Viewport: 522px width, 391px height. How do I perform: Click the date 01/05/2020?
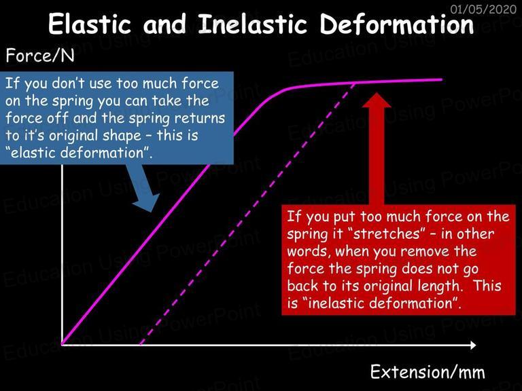pyautogui.click(x=483, y=9)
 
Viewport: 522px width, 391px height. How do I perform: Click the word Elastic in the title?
pyautogui.click(x=90, y=24)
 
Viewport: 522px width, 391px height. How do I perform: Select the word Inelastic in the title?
pyautogui.click(x=252, y=24)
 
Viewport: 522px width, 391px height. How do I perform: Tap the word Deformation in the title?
pyautogui.click(x=397, y=24)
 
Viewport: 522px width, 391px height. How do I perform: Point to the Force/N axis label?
pyautogui.click(x=40, y=56)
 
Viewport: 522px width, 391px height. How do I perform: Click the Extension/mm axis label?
pyautogui.click(x=428, y=371)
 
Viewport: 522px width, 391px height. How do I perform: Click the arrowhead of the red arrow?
pyautogui.click(x=376, y=100)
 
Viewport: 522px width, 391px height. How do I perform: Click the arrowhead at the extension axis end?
pyautogui.click(x=473, y=345)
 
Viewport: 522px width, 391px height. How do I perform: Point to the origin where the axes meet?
pyautogui.click(x=63, y=344)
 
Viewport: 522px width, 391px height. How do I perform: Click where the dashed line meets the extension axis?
pyautogui.click(x=141, y=344)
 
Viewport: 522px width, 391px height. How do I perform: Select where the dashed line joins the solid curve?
pyautogui.click(x=355, y=83)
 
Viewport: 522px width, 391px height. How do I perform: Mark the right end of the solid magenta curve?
pyautogui.click(x=442, y=79)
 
